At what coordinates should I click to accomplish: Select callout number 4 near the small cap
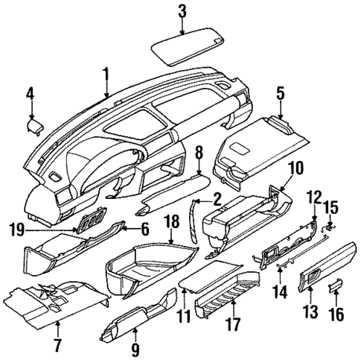point(30,93)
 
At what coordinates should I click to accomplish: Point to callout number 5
point(280,93)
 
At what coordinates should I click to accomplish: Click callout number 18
point(172,222)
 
